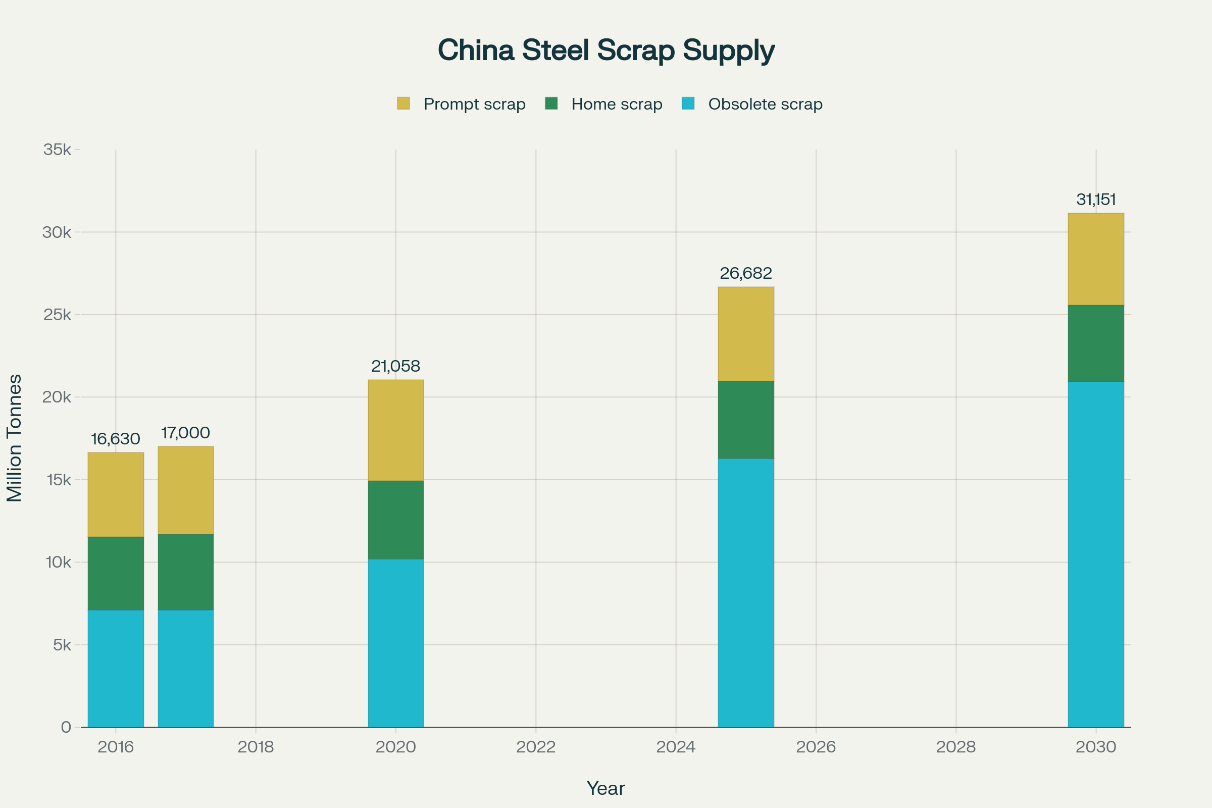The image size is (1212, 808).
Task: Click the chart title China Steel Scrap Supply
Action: tap(606, 50)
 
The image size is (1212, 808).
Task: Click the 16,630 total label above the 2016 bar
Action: tap(116, 439)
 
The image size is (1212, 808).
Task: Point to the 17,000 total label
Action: tap(185, 433)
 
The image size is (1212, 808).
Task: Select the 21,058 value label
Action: tap(396, 367)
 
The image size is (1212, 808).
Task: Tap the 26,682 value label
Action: tap(746, 273)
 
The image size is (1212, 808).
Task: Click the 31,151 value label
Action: tap(1096, 199)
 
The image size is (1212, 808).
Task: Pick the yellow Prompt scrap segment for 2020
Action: tap(396, 430)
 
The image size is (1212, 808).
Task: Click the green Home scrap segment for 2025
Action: tap(746, 420)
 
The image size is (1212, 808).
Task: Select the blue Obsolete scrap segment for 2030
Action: tap(1096, 554)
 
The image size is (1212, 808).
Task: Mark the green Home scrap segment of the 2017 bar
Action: tap(185, 572)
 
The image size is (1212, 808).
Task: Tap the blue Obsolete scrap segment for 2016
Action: tap(116, 668)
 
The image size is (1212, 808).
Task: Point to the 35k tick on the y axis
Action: tap(57, 150)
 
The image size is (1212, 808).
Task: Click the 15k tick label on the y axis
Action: tap(57, 480)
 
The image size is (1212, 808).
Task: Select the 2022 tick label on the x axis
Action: tap(536, 747)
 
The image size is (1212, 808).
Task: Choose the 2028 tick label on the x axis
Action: tap(956, 747)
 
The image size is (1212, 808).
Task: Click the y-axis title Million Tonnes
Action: tap(15, 438)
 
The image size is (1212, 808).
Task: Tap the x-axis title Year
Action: tap(606, 788)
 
